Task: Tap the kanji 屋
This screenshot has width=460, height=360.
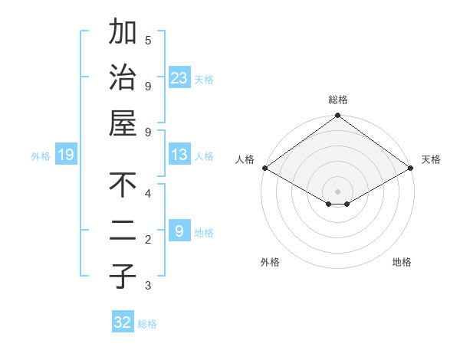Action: pyautogui.click(x=123, y=123)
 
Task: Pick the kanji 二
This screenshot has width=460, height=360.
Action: pyautogui.click(x=123, y=231)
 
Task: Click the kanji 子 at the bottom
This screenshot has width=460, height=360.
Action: pyautogui.click(x=123, y=276)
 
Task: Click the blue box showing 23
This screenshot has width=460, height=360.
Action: pyautogui.click(x=179, y=77)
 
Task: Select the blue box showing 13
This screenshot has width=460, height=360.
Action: pyautogui.click(x=179, y=155)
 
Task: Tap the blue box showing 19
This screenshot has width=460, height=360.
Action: pyautogui.click(x=66, y=155)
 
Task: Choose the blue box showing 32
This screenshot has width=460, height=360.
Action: pyautogui.click(x=123, y=322)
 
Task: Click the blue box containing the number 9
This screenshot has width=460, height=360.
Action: pyautogui.click(x=179, y=231)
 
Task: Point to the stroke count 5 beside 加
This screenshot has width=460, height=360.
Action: pyautogui.click(x=148, y=41)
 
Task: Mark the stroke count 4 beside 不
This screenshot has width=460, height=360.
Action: pyautogui.click(x=148, y=193)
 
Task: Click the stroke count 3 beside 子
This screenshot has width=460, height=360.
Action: pyautogui.click(x=148, y=286)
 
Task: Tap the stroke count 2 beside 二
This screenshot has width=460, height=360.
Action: pyautogui.click(x=148, y=240)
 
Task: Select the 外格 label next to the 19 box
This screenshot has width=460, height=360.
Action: pyautogui.click(x=41, y=156)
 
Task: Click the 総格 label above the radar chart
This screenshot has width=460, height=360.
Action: pyautogui.click(x=338, y=100)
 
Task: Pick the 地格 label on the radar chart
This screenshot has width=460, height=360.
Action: pyautogui.click(x=402, y=262)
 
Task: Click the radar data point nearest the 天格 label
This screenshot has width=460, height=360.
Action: pyautogui.click(x=412, y=168)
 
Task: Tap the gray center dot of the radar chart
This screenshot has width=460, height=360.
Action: pyautogui.click(x=338, y=191)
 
